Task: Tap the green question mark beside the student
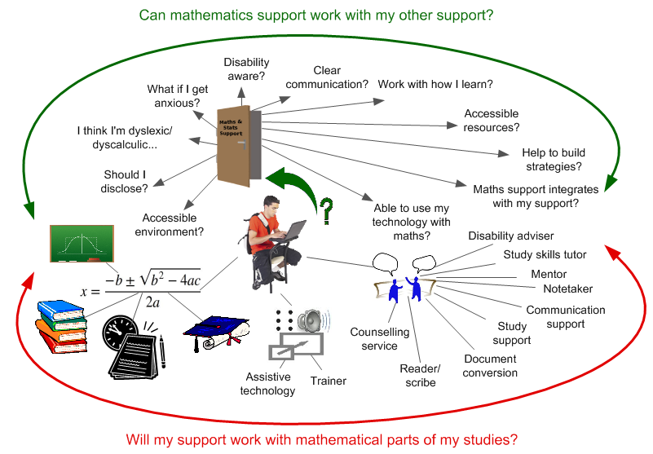[x=327, y=211]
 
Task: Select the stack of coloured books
[x=61, y=326]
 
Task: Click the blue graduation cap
[x=212, y=331]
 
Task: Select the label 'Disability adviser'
[x=511, y=236]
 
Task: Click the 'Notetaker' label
[x=567, y=289]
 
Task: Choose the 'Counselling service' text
[x=374, y=339]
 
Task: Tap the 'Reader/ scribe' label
[x=421, y=376]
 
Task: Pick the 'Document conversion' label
[x=490, y=366]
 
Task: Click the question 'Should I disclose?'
[x=126, y=182]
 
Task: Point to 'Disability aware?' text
[x=246, y=69]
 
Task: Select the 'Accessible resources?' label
[x=492, y=121]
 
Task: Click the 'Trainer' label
[x=328, y=381]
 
